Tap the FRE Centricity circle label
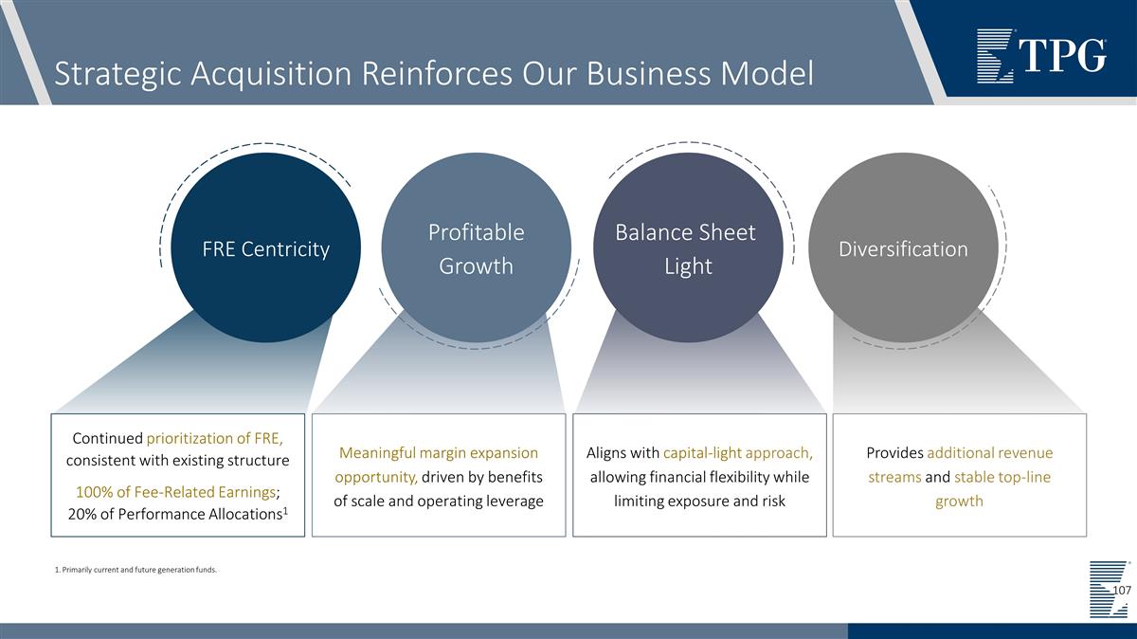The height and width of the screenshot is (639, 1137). click(266, 249)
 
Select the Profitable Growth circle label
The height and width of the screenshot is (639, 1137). click(476, 249)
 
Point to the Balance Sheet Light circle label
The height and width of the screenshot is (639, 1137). click(686, 249)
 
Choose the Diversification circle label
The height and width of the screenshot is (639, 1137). click(903, 249)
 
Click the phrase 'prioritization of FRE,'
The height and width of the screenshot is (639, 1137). click(215, 438)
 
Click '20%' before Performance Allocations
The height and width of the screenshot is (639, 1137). click(84, 514)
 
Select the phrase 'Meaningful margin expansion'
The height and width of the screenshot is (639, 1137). click(438, 453)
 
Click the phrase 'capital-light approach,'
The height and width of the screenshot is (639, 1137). click(738, 453)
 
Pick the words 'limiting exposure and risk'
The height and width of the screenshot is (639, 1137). click(699, 501)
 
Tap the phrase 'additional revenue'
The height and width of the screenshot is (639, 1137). click(990, 453)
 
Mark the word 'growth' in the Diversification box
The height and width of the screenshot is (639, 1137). click(959, 501)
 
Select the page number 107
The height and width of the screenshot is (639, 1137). click(1121, 591)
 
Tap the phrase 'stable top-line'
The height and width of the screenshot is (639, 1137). click(1002, 477)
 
